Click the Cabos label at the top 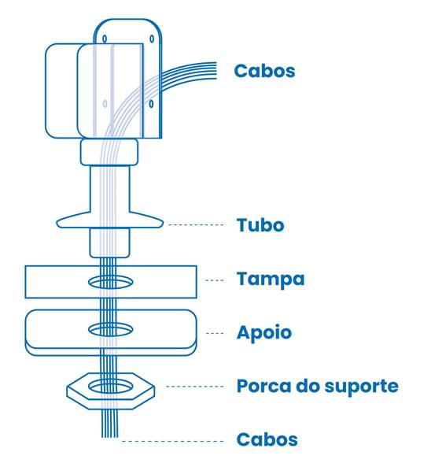(x=264, y=71)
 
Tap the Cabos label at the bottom (x=267, y=439)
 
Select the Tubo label (x=260, y=225)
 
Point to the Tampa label (x=271, y=280)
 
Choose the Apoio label (x=264, y=333)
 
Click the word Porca (x=264, y=386)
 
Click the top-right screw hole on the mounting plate (x=152, y=39)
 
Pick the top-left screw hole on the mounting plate (x=105, y=39)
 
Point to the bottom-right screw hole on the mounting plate (x=151, y=104)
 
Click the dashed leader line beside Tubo (x=196, y=224)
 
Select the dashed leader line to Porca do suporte (x=195, y=386)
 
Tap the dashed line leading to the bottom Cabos (x=173, y=442)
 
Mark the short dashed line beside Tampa (x=215, y=280)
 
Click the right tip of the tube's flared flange (x=163, y=224)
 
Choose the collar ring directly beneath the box (x=109, y=153)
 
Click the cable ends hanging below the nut (x=110, y=424)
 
